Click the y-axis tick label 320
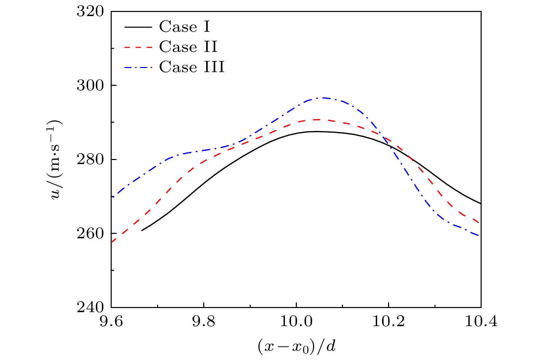point(90,11)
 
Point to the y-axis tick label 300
point(90,85)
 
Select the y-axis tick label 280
point(90,159)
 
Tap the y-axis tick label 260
point(90,233)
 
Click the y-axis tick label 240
point(90,307)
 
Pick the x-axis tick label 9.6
point(111,322)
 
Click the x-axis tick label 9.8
point(204,322)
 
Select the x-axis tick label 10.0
point(296,322)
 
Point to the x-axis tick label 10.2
point(389,322)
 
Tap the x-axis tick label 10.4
point(481,322)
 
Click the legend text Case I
point(184,27)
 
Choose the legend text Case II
point(188,47)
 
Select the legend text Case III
point(192,67)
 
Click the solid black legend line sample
point(138,27)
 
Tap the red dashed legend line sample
point(138,47)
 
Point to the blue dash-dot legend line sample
point(138,67)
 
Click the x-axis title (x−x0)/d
point(296,346)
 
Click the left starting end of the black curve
point(142,230)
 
